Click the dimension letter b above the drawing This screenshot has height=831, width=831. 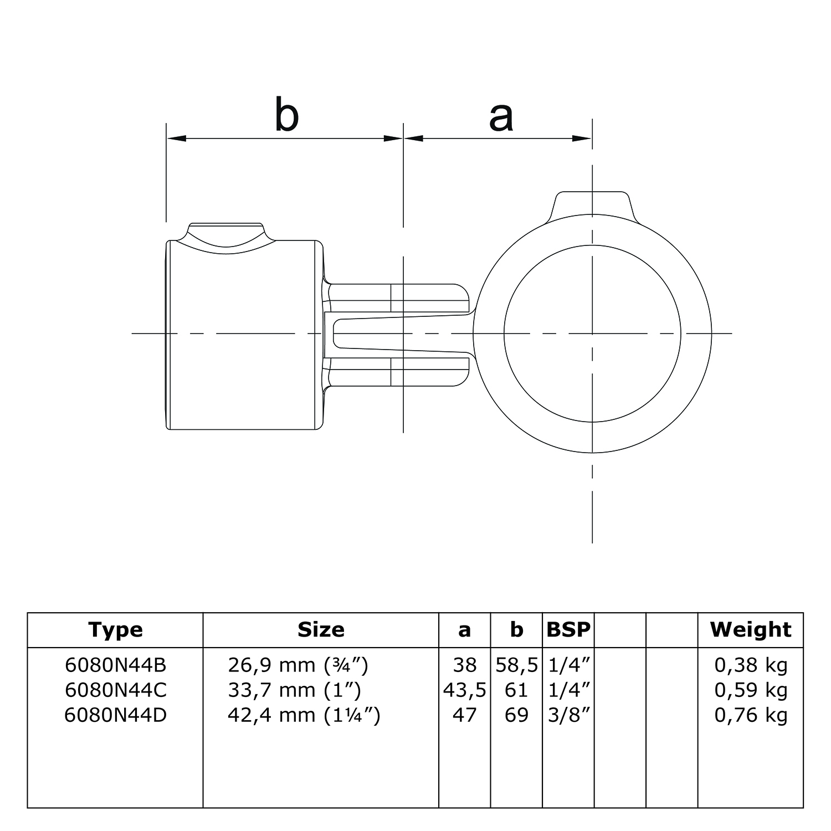(x=286, y=115)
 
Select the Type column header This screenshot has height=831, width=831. (x=115, y=630)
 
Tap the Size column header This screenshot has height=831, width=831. (x=321, y=630)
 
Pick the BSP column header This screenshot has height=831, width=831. (x=568, y=630)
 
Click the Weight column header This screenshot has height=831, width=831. (x=751, y=630)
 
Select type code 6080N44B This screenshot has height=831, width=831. (x=115, y=665)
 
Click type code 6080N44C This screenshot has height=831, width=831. (x=115, y=690)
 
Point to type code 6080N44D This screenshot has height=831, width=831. (x=115, y=715)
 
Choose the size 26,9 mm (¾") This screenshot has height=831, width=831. (x=298, y=665)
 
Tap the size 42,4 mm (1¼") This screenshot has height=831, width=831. (x=304, y=715)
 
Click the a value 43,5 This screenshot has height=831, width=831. (x=464, y=690)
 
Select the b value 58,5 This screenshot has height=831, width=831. (x=516, y=665)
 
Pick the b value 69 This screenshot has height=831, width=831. (x=516, y=715)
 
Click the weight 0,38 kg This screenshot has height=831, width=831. (x=751, y=665)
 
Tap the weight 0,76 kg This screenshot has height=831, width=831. (x=751, y=715)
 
